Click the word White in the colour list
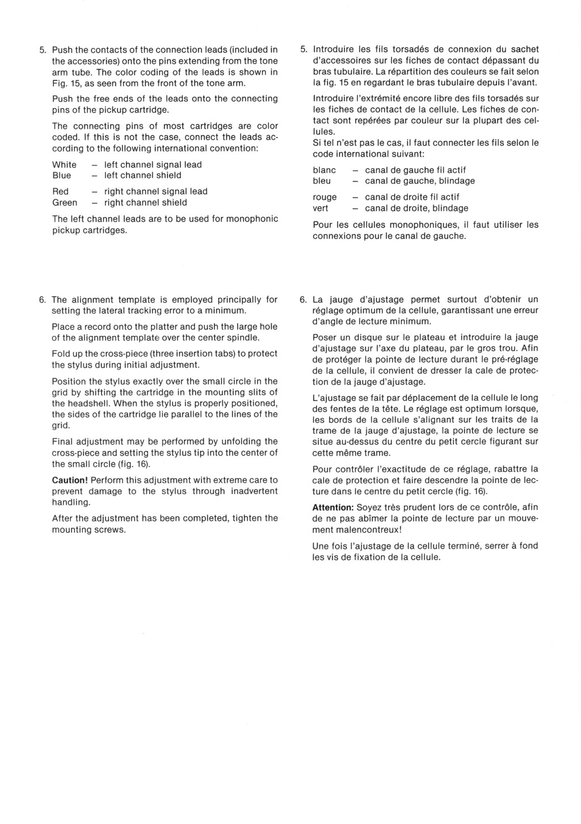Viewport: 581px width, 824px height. pyautogui.click(x=64, y=165)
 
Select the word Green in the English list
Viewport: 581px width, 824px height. pyautogui.click(x=65, y=203)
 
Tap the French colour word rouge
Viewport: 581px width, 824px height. pyautogui.click(x=325, y=197)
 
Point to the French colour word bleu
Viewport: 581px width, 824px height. pyautogui.click(x=322, y=181)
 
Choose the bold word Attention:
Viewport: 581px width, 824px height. pyautogui.click(x=333, y=507)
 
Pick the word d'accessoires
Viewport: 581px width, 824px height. pyautogui.click(x=340, y=61)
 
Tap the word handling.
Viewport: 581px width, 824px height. pyautogui.click(x=71, y=503)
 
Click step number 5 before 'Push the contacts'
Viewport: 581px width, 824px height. pyautogui.click(x=42, y=50)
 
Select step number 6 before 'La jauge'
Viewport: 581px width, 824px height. pyautogui.click(x=303, y=299)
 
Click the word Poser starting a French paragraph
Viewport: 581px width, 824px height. pyautogui.click(x=325, y=337)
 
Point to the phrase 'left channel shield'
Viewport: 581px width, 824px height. pyautogui.click(x=143, y=175)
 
